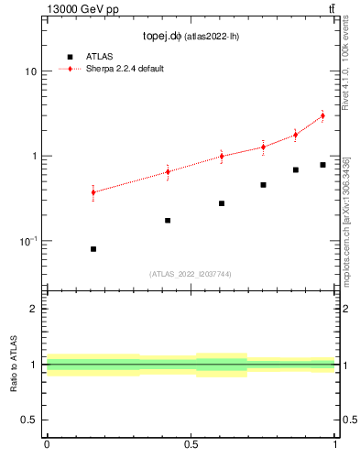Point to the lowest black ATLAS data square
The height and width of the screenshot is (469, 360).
(93, 249)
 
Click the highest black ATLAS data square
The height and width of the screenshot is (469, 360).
(322, 165)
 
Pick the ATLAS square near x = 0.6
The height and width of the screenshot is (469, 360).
(222, 203)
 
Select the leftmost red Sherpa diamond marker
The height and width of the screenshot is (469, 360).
(93, 191)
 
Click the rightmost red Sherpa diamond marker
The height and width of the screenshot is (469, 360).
(322, 115)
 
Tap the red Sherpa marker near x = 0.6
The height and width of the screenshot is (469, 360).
(222, 156)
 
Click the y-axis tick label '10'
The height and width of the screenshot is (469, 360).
(30, 71)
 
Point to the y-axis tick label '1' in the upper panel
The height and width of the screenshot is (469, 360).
(34, 156)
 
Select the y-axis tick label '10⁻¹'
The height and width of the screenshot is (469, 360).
(27, 240)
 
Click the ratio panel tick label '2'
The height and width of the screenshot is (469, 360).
(34, 309)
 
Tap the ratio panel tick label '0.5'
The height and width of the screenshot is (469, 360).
(28, 420)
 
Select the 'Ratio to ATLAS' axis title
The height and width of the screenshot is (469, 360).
(13, 364)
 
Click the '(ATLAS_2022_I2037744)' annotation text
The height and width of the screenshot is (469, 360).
(191, 274)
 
